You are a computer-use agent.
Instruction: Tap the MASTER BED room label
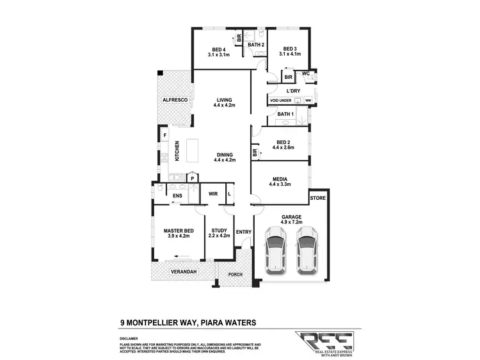click(x=179, y=231)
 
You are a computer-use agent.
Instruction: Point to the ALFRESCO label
click(x=173, y=101)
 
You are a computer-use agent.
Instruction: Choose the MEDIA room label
click(x=280, y=179)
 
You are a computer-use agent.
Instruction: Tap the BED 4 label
click(x=219, y=49)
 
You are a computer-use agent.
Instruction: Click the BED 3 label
click(x=290, y=49)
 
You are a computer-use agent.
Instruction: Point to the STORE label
click(x=318, y=199)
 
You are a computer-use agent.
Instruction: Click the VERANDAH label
click(x=183, y=272)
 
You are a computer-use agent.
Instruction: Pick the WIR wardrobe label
click(x=212, y=193)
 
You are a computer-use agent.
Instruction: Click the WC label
click(x=306, y=74)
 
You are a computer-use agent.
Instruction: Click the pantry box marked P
click(x=191, y=179)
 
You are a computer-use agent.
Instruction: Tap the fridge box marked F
click(x=164, y=136)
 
